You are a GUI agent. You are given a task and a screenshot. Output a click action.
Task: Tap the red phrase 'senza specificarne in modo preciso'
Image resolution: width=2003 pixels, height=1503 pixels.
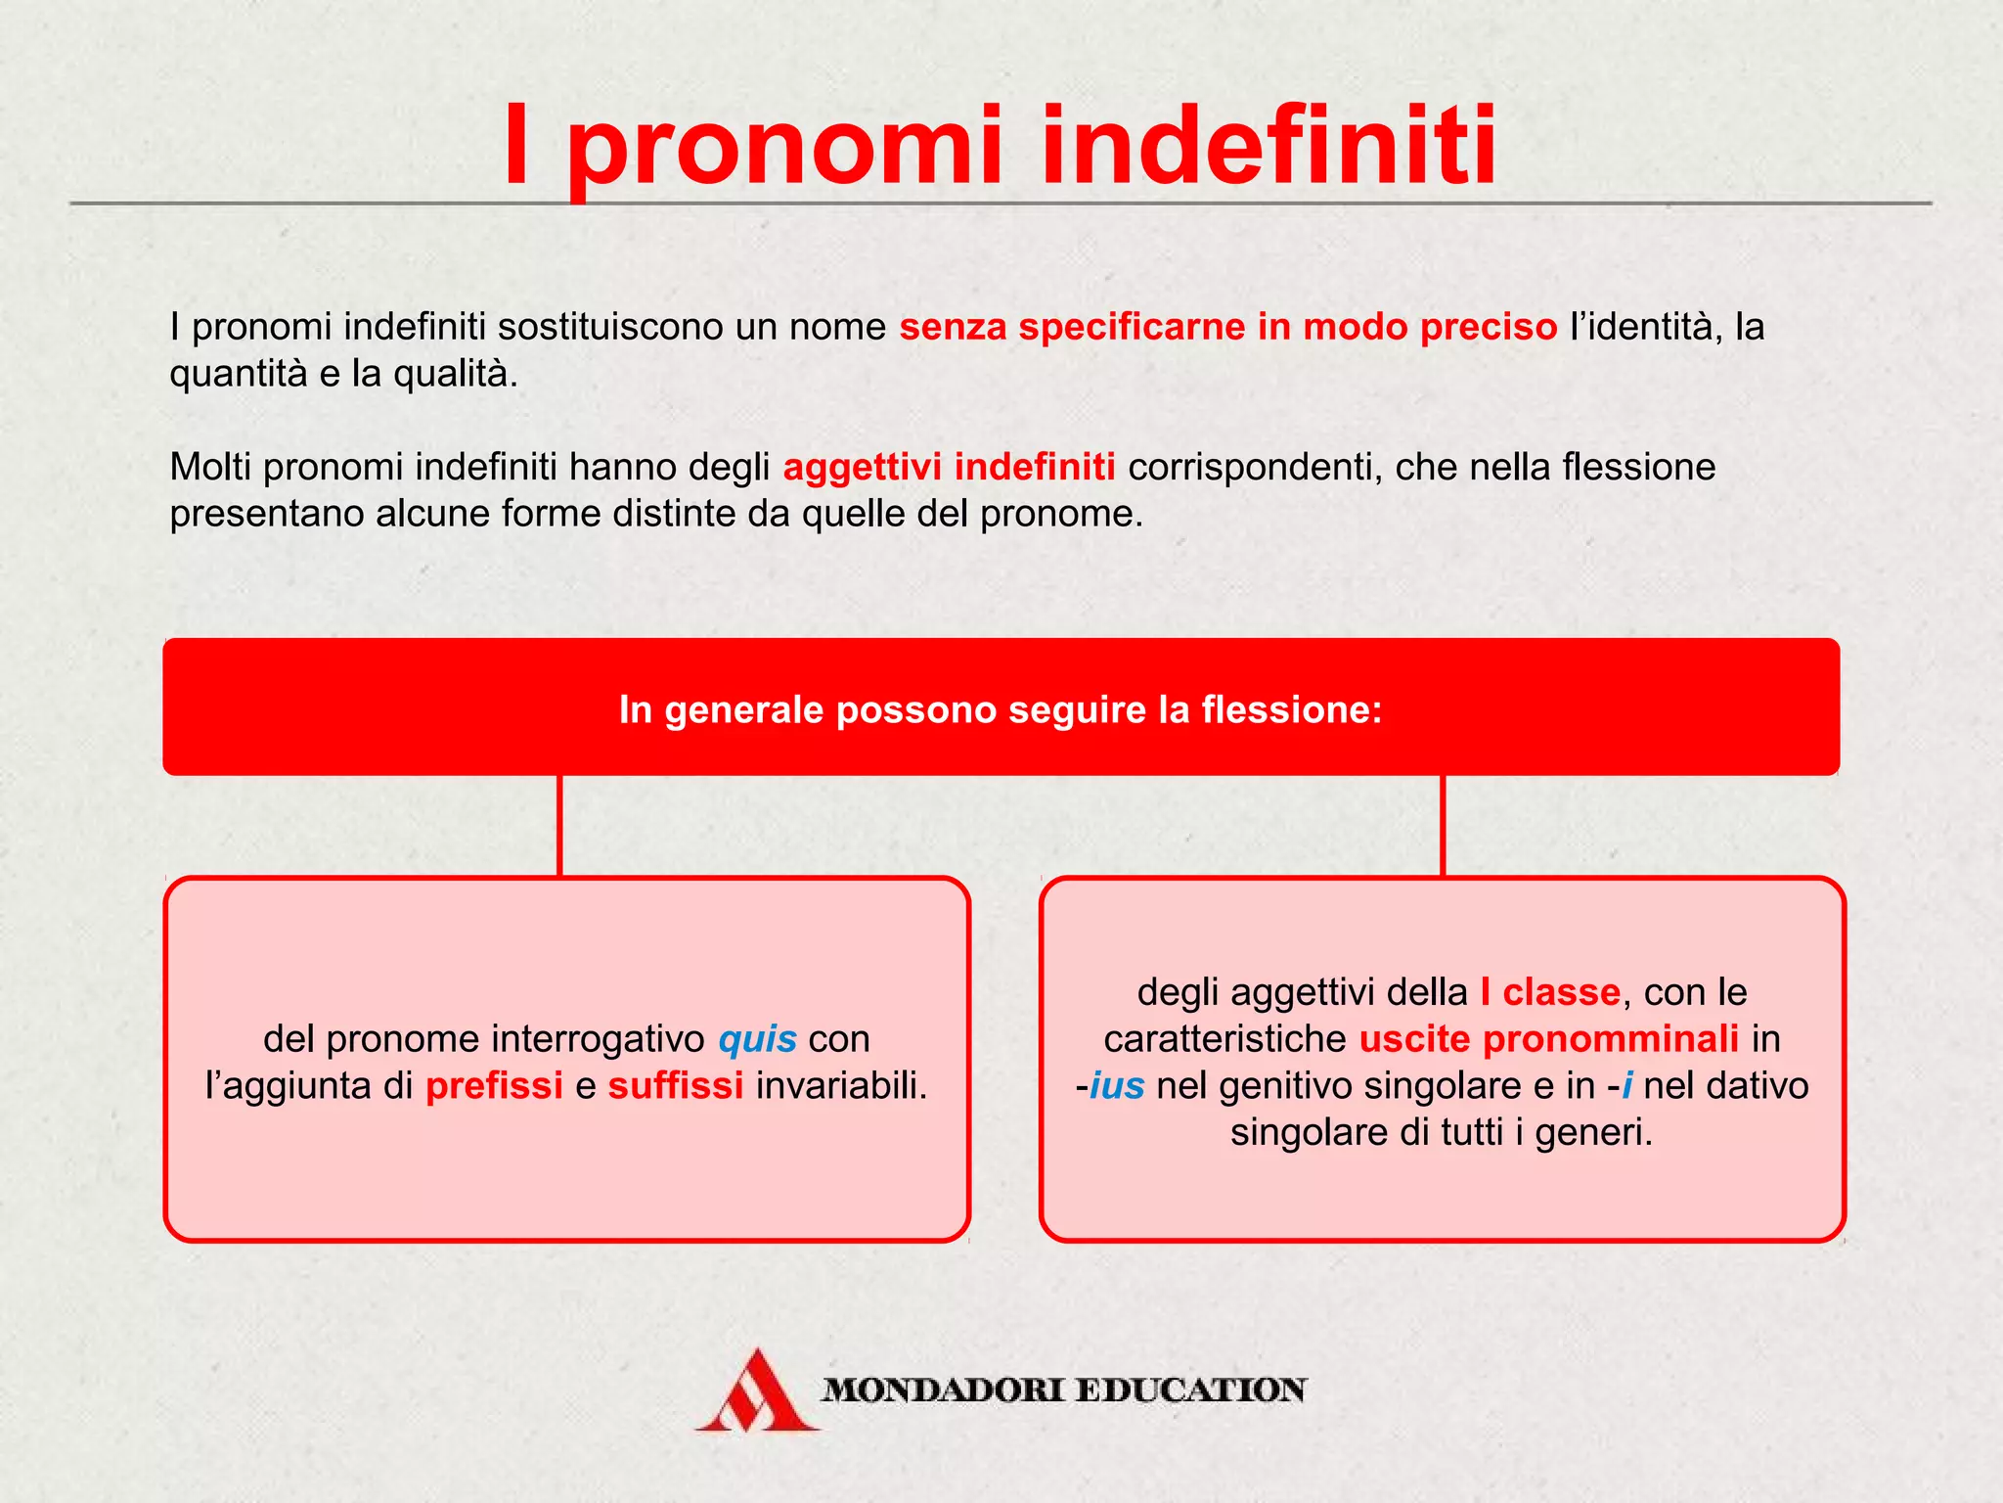point(1227,327)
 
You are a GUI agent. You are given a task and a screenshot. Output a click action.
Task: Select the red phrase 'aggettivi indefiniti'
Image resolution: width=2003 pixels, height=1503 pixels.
point(949,467)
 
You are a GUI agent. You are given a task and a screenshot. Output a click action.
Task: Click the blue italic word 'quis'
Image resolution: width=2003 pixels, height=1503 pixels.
point(757,1039)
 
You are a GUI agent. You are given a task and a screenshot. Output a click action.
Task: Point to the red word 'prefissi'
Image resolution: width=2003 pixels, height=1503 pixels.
point(494,1086)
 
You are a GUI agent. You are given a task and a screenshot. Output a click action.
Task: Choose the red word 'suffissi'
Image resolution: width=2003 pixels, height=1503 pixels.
point(676,1086)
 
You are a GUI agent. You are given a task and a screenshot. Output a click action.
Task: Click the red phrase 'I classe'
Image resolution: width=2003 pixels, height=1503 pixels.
point(1550,992)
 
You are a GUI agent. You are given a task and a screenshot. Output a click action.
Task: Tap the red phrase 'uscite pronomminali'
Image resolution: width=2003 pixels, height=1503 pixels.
point(1549,1039)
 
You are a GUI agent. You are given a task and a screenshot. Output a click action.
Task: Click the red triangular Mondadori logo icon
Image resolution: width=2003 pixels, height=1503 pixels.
point(757,1391)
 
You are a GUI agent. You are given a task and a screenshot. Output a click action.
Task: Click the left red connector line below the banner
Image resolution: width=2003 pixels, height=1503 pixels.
point(559,826)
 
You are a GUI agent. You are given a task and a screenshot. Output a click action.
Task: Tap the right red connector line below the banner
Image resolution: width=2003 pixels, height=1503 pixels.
point(1443,826)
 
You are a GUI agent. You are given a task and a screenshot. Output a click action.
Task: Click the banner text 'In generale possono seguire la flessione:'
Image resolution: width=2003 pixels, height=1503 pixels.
point(1001,709)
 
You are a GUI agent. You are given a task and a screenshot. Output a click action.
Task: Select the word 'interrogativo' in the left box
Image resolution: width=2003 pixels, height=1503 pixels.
point(606,1039)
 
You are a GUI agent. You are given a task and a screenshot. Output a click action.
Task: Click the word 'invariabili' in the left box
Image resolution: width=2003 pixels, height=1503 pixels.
point(839,1086)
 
